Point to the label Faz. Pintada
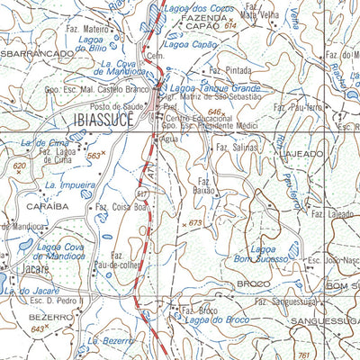tap(229, 69)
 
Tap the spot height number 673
tap(194, 222)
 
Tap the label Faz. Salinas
tap(236, 146)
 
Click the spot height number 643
tap(37, 329)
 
